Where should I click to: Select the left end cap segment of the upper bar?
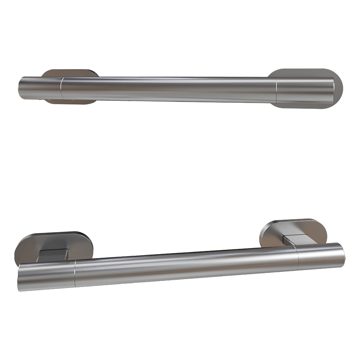[40, 88]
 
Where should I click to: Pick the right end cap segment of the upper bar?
[304, 90]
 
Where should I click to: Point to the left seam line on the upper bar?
[61, 88]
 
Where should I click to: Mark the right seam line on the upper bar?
[276, 90]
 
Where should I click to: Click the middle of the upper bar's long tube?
[169, 89]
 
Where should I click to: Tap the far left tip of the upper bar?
[19, 88]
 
